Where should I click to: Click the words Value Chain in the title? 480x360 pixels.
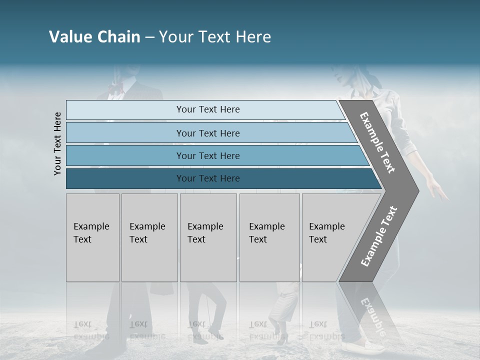pos(94,37)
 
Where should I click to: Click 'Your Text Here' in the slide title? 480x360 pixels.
pos(215,37)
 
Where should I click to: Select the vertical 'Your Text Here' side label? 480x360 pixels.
pos(57,143)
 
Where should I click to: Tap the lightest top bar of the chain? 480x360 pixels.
pos(207,109)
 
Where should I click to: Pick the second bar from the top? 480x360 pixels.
pos(207,133)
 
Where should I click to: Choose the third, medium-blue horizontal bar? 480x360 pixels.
pos(207,155)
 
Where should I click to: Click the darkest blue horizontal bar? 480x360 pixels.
pos(207,178)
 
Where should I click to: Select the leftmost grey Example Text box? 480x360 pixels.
pos(92,237)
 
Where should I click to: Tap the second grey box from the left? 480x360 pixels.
pos(149,237)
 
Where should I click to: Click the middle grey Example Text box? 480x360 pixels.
pos(208,237)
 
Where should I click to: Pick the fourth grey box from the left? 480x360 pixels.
pos(269,237)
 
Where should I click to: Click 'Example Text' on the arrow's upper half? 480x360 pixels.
pos(377,143)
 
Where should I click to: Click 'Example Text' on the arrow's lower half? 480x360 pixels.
pos(379,236)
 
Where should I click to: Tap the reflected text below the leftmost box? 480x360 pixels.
pos(90,330)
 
